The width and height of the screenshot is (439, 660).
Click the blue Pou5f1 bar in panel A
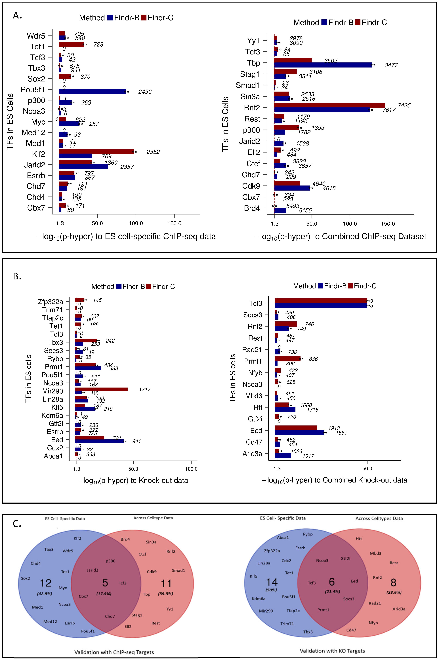pos(92,92)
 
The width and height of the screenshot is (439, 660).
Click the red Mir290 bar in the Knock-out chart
pos(101,389)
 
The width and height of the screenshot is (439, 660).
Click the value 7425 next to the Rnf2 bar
pos(404,106)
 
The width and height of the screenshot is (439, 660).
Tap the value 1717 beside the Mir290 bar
pos(145,389)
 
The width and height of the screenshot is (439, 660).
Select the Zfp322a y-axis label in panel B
pos(50,302)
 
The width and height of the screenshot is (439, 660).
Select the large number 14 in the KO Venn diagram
pos(272,582)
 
